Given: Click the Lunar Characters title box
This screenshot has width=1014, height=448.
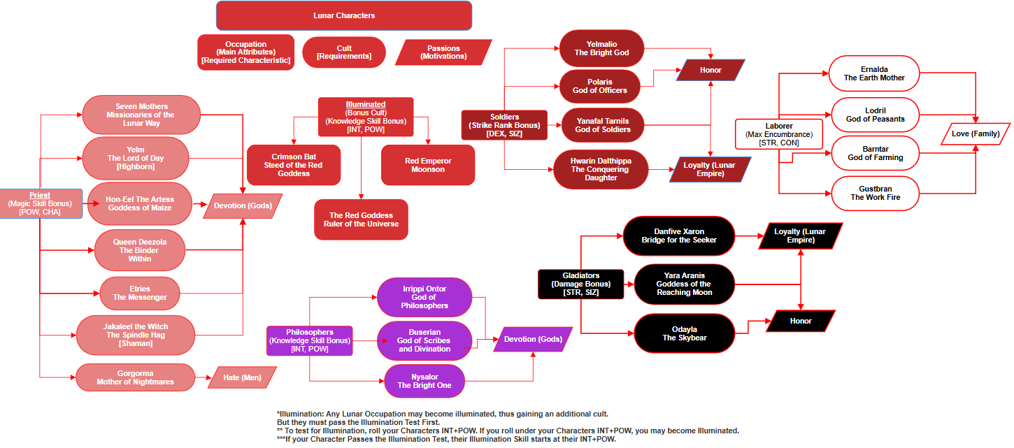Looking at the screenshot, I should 343,15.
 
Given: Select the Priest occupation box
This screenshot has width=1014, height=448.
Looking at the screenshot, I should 40,203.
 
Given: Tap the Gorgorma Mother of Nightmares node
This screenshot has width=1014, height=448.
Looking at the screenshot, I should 135,377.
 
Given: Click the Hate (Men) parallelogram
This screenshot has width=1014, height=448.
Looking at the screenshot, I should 242,377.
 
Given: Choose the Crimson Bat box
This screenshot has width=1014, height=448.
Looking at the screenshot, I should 294,165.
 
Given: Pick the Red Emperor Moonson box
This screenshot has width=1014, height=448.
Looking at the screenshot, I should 428,165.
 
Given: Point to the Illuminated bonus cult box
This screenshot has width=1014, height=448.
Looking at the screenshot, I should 365,117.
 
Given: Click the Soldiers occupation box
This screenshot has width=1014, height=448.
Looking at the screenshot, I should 504,125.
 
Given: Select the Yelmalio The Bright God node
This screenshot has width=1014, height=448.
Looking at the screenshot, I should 601,48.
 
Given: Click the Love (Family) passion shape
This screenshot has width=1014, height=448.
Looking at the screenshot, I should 976,133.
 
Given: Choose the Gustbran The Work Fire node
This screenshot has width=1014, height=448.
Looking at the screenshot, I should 874,193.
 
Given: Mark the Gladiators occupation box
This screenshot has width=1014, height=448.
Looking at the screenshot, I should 580,284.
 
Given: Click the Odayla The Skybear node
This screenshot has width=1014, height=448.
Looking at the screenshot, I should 684,333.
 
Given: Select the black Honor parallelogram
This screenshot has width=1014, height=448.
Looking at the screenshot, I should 801,321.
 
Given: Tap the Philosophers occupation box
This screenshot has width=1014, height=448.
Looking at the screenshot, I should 309,340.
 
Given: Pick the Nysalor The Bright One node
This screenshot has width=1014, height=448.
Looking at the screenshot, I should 424,381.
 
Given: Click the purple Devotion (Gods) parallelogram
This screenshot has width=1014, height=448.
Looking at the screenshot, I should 533,339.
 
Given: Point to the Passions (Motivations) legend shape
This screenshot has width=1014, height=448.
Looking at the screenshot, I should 443,52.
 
